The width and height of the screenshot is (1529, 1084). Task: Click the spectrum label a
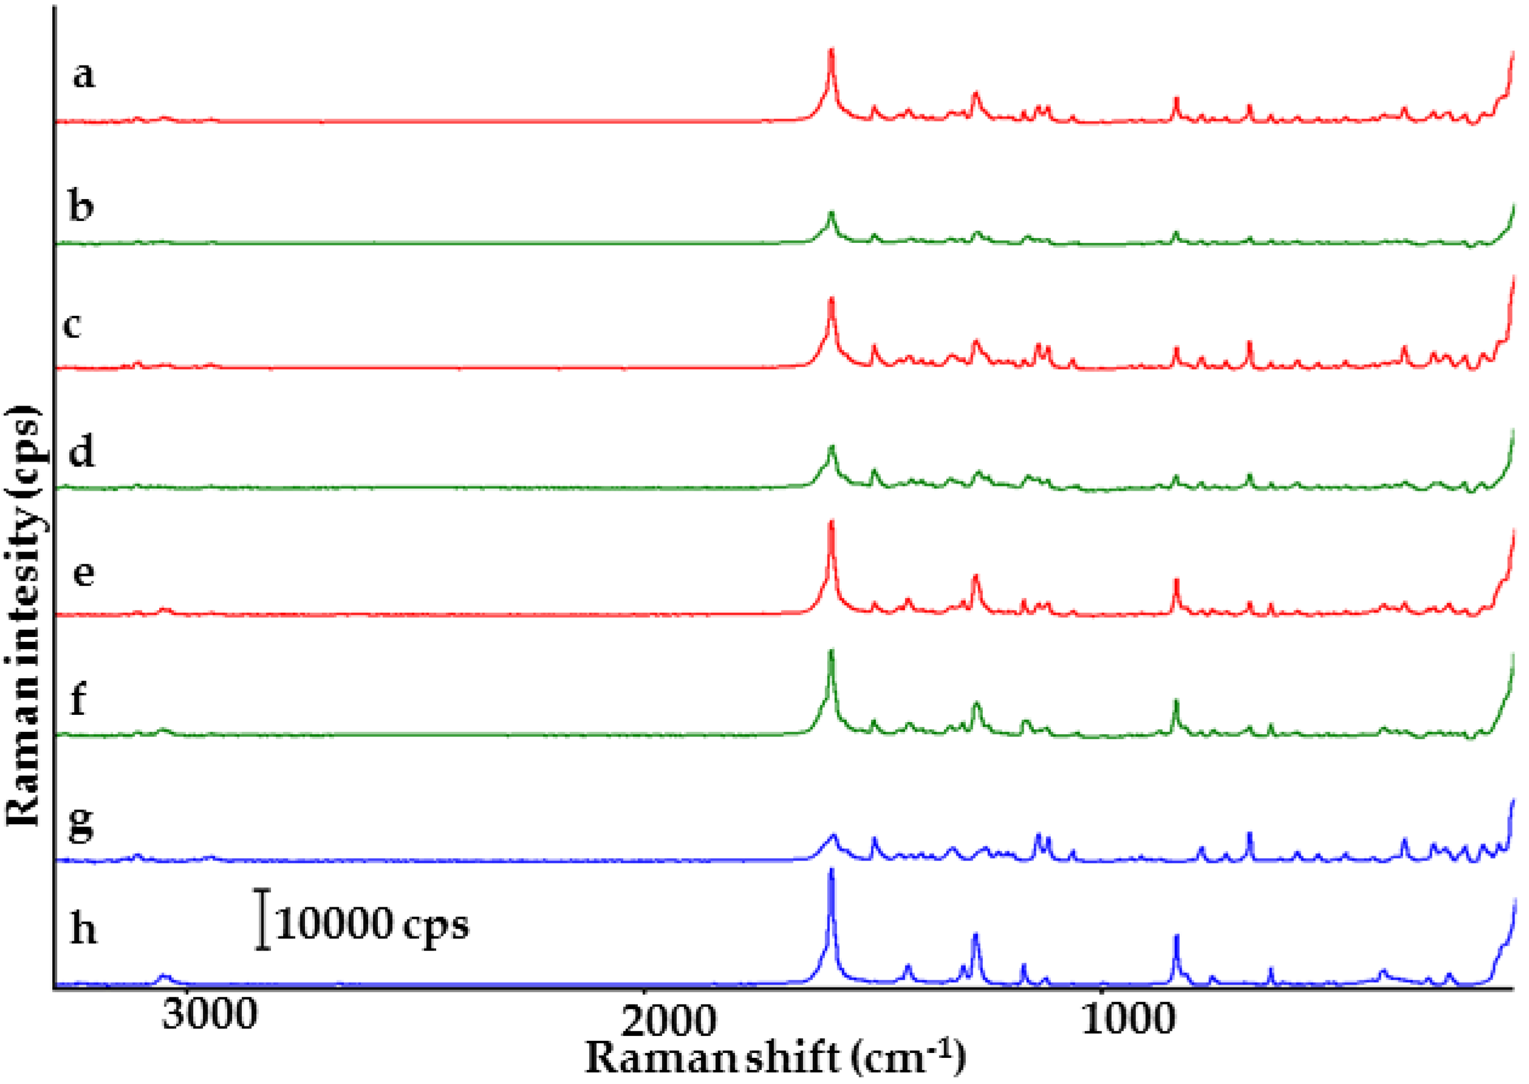[x=83, y=75]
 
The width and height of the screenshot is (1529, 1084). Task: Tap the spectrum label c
[x=73, y=325]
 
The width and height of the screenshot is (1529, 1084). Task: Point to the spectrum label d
[x=81, y=452]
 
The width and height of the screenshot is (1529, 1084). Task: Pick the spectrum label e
[x=83, y=573]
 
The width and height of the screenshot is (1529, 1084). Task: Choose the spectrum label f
[x=78, y=699]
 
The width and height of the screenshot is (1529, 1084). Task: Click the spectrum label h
[x=83, y=928]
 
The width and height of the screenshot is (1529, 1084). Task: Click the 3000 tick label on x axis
[x=209, y=1017]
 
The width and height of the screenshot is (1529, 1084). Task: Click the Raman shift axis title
[x=775, y=1058]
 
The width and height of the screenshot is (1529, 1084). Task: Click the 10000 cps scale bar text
[x=371, y=925]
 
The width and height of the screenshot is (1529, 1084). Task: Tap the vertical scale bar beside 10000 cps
[x=264, y=919]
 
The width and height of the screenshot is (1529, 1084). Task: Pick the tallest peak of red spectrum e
[x=831, y=523]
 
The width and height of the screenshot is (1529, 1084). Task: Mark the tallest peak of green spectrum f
[x=831, y=652]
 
